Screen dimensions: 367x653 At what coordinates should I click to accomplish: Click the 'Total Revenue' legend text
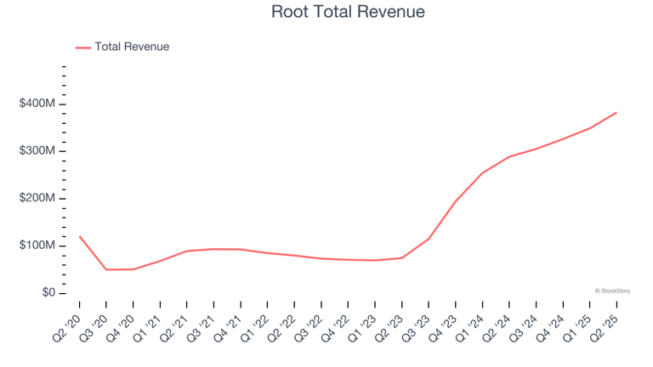132,47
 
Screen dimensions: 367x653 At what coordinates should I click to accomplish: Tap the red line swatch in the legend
83,48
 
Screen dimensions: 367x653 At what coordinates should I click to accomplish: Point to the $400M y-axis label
37,104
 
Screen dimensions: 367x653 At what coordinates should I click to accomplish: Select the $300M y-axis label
37,151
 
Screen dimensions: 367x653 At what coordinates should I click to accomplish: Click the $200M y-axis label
37,198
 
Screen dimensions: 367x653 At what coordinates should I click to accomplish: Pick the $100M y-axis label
37,246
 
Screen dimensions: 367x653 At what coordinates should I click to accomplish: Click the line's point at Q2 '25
616,112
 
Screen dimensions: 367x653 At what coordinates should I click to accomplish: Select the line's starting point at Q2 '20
79,236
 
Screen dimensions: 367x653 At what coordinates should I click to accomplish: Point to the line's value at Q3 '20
106,269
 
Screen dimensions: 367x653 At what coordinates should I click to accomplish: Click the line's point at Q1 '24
482,173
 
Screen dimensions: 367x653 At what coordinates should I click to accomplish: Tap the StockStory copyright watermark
612,291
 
